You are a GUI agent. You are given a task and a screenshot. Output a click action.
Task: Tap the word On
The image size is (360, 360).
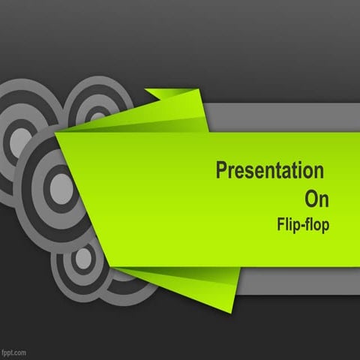click(316, 199)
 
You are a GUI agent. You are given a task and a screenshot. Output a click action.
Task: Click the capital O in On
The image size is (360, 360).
click(310, 199)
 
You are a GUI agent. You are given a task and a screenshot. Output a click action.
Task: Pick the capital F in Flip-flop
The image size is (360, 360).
click(280, 223)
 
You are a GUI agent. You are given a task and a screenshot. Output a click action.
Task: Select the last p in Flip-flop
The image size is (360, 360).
click(324, 225)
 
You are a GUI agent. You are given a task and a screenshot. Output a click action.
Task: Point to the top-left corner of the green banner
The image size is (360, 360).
click(58, 135)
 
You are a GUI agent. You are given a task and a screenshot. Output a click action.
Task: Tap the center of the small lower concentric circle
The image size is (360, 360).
click(83, 258)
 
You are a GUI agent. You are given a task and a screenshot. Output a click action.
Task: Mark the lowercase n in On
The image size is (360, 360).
click(323, 200)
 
